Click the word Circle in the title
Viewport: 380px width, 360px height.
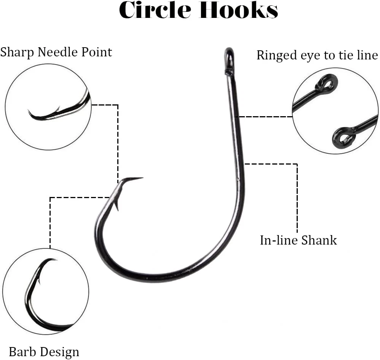pos(156,11)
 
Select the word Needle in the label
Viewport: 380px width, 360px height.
pos(54,52)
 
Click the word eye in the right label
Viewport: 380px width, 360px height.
pos(310,56)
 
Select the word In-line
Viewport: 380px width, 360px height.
pos(279,240)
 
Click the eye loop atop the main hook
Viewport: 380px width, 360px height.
pos(228,57)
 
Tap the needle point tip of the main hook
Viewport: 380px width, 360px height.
pos(141,178)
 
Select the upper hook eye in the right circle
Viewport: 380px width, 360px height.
pos(327,82)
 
